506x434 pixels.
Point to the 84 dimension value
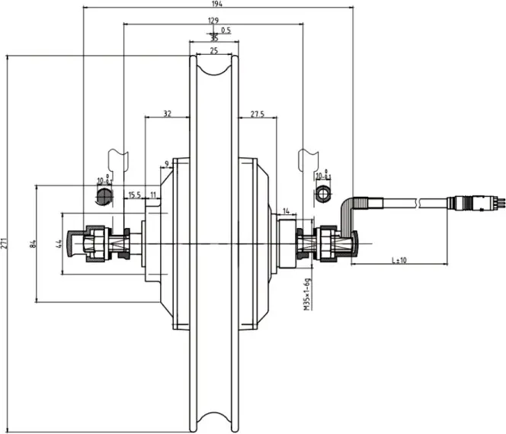tap(33, 244)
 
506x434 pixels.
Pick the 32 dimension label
tap(166, 114)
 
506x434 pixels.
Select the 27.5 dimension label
tap(257, 114)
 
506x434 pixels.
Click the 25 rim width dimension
tap(213, 50)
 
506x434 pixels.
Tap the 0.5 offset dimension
tap(226, 31)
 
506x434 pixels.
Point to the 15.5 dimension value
tap(134, 196)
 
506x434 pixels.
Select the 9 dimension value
tap(166, 164)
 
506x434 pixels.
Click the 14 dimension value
tap(286, 211)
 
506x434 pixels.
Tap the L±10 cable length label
tap(399, 260)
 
